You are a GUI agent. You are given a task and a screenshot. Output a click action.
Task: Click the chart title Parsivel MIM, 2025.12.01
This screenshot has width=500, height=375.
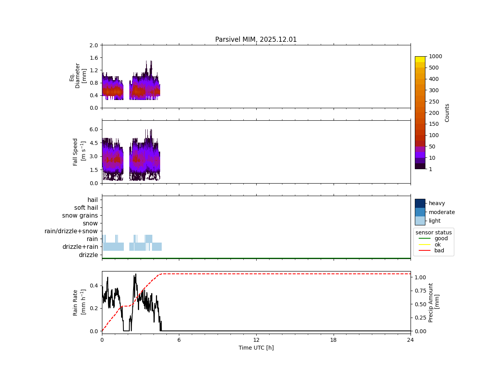256,39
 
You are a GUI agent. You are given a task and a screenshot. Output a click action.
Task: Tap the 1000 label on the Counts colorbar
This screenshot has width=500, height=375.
435,56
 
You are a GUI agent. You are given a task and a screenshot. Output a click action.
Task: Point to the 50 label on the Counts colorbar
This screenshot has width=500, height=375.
432,146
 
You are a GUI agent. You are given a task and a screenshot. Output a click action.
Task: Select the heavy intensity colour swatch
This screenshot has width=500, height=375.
420,203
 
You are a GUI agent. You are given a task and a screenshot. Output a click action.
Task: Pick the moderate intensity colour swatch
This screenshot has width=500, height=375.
420,212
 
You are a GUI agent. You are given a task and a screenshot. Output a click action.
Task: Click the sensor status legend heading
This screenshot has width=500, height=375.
434,232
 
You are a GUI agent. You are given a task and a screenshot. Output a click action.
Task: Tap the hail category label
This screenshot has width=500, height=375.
93,200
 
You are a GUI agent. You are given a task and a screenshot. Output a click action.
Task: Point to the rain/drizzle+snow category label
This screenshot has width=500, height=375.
71,231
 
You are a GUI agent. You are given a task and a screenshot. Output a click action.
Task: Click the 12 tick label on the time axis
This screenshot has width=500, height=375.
256,340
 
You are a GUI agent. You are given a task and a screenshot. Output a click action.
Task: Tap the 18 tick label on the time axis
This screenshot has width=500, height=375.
333,340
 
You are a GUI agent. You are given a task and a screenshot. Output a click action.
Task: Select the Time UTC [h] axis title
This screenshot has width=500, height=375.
256,348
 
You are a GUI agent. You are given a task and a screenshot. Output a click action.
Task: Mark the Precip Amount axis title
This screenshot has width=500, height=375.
434,302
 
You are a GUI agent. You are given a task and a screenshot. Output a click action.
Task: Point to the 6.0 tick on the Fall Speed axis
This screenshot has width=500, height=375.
93,129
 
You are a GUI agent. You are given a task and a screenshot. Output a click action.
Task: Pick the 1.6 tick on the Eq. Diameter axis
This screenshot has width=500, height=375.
93,58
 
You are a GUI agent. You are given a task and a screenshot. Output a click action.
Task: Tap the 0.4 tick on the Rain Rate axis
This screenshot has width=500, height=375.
93,286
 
